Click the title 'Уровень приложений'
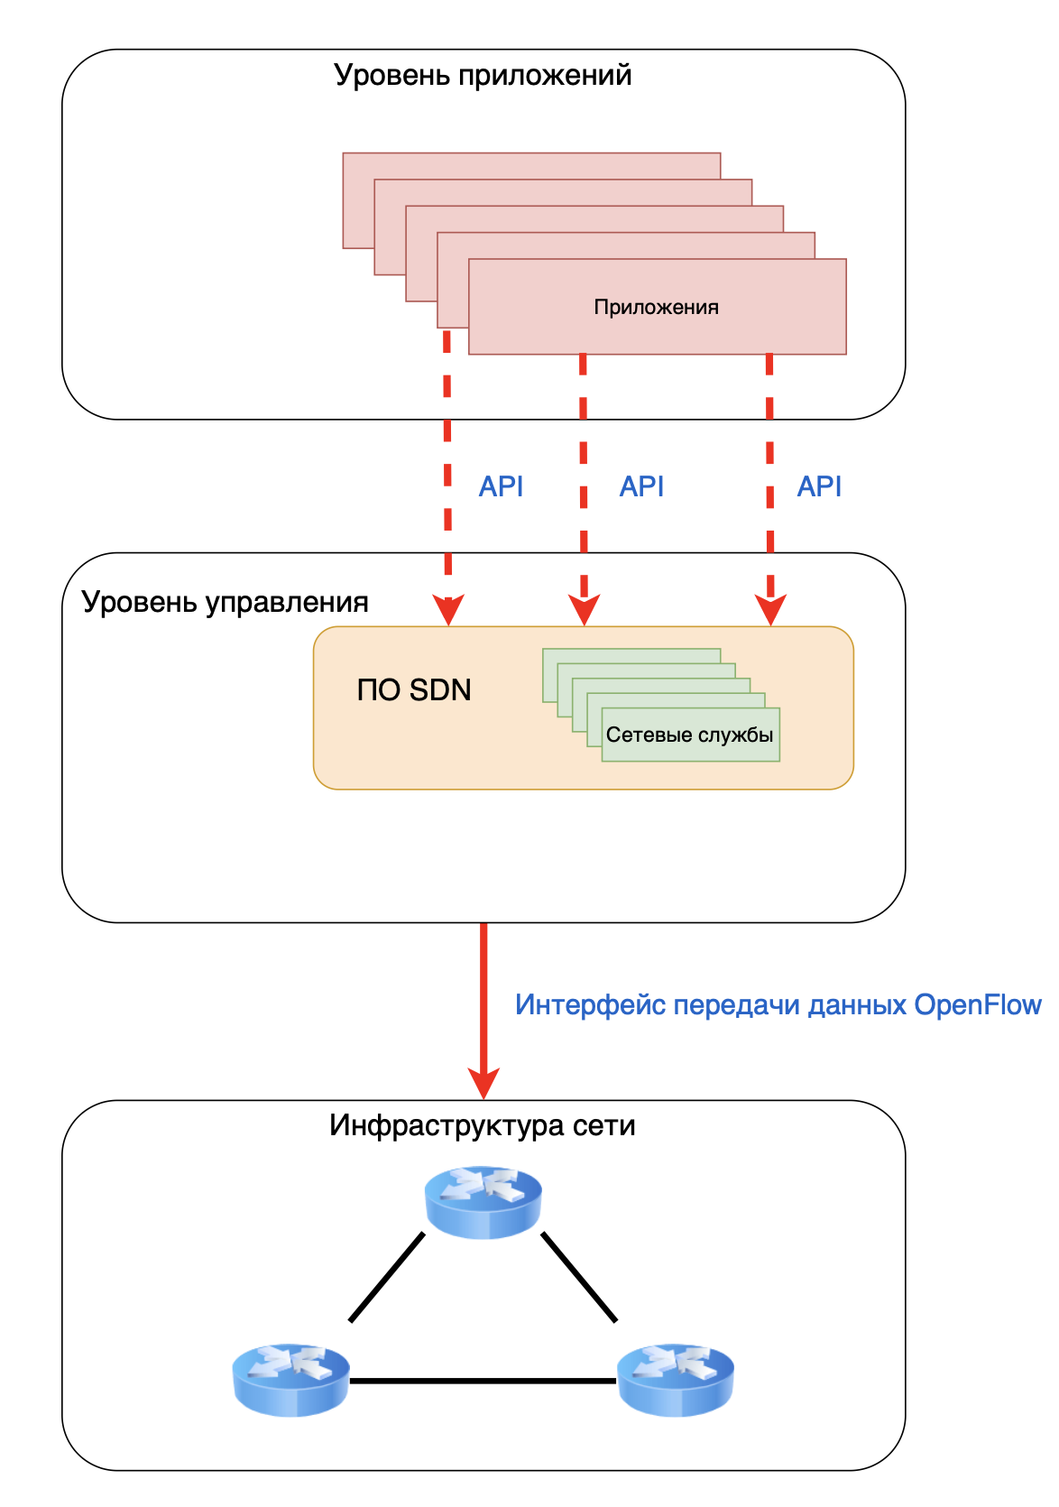click(x=483, y=75)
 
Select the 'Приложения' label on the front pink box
click(x=656, y=308)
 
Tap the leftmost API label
click(x=501, y=486)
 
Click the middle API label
click(x=641, y=486)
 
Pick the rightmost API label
click(x=819, y=486)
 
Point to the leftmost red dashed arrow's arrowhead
click(x=448, y=611)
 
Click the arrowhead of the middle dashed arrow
click(x=585, y=611)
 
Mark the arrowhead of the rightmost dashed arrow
click(x=770, y=611)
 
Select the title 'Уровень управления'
click(x=226, y=602)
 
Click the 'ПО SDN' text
click(x=414, y=690)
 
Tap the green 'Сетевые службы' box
click(x=690, y=735)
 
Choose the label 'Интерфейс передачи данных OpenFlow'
click(x=778, y=1005)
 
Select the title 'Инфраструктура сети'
click(x=483, y=1125)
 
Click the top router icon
click(x=483, y=1201)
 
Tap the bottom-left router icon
click(x=290, y=1379)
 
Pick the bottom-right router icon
click(x=676, y=1379)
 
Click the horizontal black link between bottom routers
click(x=483, y=1381)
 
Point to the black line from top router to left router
click(x=387, y=1277)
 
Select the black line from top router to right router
click(x=579, y=1277)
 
